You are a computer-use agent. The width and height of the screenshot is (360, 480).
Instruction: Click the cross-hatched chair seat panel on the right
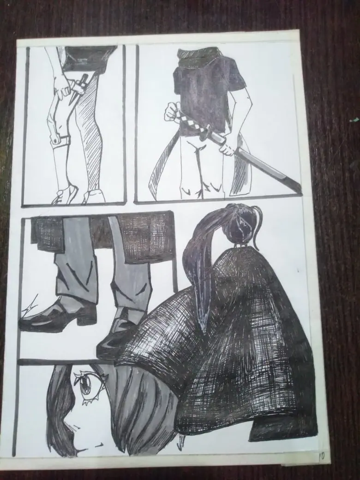coord(144,237)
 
